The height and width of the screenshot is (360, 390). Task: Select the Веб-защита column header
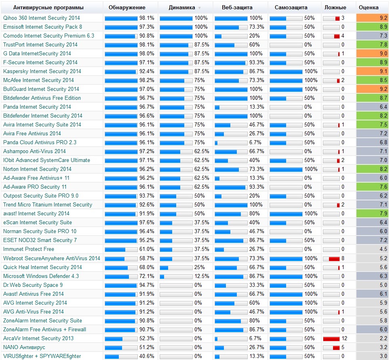point(237,7)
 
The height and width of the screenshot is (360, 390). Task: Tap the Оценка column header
point(369,7)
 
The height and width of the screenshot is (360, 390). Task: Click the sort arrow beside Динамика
point(199,8)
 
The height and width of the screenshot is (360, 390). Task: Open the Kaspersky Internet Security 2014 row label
point(42,71)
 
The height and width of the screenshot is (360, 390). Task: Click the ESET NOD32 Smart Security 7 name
point(40,240)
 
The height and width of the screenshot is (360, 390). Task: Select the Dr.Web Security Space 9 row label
point(33,285)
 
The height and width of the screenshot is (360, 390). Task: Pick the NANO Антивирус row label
point(24,347)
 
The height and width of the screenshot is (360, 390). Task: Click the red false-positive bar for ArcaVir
point(331,338)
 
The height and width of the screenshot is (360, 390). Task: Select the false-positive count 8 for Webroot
point(343,258)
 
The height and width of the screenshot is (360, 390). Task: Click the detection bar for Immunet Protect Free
point(121,249)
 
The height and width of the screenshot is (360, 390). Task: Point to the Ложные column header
point(335,7)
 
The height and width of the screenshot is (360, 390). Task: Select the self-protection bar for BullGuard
point(286,89)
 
